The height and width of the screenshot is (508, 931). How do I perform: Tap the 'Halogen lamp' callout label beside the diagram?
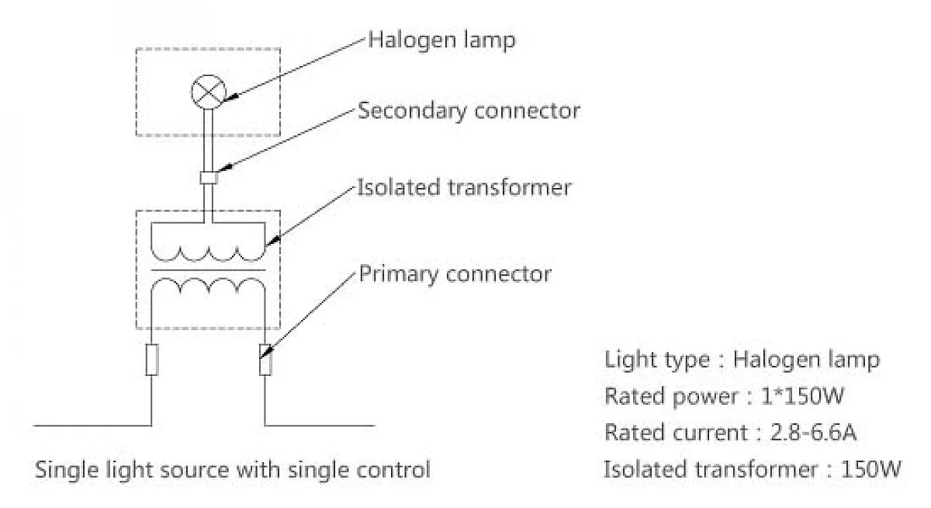point(441,40)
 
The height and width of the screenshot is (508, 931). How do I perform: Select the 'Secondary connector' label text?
point(469,110)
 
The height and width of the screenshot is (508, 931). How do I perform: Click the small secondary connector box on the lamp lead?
point(209,178)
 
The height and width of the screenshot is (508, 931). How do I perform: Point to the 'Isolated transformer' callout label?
point(464,188)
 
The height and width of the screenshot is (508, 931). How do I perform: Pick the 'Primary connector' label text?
point(455,274)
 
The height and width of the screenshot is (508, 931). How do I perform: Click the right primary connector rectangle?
point(265,360)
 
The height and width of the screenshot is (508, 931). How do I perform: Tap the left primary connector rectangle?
point(152,360)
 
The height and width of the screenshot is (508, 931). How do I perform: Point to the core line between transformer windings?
point(208,270)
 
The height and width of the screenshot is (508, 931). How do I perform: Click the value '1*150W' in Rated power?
point(802,395)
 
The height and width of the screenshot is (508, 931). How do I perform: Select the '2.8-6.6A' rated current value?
point(813,433)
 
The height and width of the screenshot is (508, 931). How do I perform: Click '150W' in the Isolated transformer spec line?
point(870,469)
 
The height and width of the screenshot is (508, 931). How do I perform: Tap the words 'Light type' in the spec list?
point(657,360)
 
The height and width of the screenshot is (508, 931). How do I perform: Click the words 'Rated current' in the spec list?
point(677,433)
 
